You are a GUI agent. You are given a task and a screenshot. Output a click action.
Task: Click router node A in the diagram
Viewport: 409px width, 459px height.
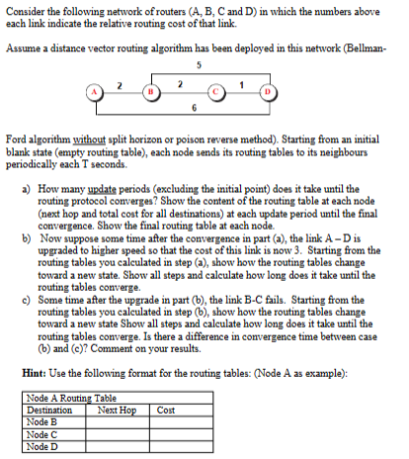click(x=97, y=96)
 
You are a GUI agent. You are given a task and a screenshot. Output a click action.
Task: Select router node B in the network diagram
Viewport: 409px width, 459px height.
click(x=150, y=96)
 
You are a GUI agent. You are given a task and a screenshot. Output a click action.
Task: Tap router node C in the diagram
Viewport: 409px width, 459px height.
click(x=225, y=96)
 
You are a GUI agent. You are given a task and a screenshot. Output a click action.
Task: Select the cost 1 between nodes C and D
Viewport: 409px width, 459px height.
click(x=245, y=84)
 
